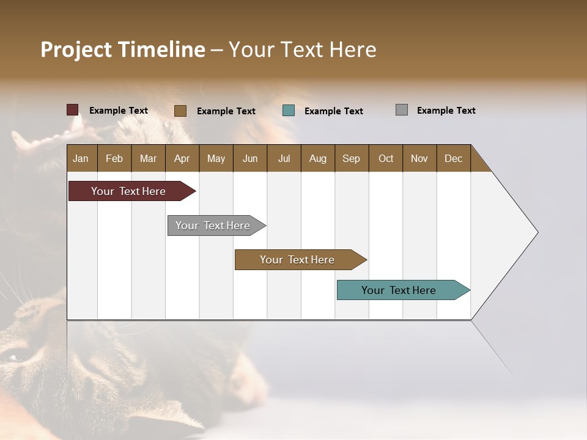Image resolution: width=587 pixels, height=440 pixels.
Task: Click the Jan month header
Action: point(81,158)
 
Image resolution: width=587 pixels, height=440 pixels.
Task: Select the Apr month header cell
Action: point(182,158)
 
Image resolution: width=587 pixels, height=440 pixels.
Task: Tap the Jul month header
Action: point(284,158)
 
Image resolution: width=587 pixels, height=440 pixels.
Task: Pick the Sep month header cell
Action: point(352,158)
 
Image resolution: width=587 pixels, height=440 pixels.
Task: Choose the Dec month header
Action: point(453,158)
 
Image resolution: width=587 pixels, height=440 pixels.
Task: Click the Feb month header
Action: point(114,158)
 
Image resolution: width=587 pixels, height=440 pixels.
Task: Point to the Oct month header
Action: point(386,158)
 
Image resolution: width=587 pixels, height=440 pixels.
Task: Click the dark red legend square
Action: point(73,110)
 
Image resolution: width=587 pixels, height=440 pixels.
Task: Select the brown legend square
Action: point(180,111)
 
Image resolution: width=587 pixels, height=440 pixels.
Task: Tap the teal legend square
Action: point(289,111)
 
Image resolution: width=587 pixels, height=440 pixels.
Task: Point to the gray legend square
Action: point(402,110)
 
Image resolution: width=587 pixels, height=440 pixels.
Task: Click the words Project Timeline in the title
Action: point(123,50)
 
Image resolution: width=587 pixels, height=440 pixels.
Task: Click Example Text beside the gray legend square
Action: point(446,111)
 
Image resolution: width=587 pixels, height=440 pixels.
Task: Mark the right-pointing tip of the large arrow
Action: point(536,232)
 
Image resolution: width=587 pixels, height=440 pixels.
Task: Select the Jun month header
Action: point(250,158)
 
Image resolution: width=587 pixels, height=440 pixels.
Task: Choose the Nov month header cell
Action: point(419,158)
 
